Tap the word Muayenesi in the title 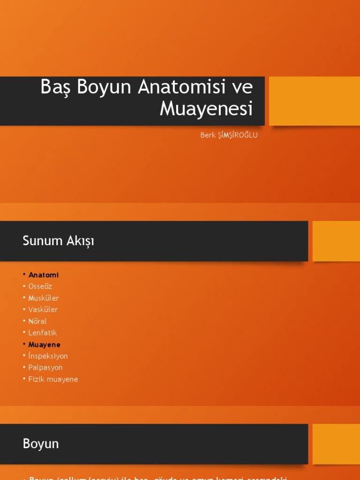(x=206, y=109)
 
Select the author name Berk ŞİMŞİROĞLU (x=229, y=135)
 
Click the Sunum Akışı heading (x=58, y=241)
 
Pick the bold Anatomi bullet (x=44, y=275)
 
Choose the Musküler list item (x=44, y=298)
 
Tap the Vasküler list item (x=43, y=309)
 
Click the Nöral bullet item (x=37, y=322)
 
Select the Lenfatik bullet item (x=43, y=333)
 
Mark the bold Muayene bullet (x=45, y=345)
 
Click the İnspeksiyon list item (x=48, y=356)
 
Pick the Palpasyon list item (x=45, y=367)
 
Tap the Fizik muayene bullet (x=53, y=379)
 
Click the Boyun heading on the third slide (x=41, y=444)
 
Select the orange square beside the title (x=314, y=101)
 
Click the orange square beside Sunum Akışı (x=336, y=241)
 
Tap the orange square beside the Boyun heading (x=336, y=444)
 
